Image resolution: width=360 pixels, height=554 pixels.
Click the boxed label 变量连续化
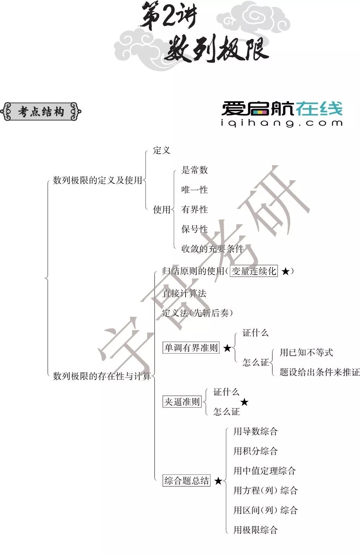point(254,271)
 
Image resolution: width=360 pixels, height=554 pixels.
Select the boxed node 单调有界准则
point(191,348)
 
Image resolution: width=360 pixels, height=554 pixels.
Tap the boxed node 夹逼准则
point(182,402)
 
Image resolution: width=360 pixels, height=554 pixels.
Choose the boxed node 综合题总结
point(187,481)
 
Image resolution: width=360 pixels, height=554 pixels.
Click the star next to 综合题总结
point(218,481)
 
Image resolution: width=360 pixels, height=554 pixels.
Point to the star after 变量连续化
point(285,271)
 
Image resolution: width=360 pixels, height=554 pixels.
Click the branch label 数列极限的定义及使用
point(98,180)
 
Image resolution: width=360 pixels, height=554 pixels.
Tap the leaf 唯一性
point(195,190)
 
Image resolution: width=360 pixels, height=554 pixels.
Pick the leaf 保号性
point(195,229)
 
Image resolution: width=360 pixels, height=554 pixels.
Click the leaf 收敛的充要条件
point(213,249)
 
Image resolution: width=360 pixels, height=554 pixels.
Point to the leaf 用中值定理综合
point(264,471)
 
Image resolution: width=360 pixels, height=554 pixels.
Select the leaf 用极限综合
point(255,530)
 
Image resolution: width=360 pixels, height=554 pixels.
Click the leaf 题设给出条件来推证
point(319,372)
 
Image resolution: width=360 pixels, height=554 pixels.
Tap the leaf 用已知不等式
point(306,352)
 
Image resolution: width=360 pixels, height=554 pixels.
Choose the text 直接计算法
point(184,294)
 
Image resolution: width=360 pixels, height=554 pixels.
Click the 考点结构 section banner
point(41,112)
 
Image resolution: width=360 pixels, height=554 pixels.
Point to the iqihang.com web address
point(282,123)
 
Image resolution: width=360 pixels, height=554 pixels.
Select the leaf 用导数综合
point(255,431)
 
